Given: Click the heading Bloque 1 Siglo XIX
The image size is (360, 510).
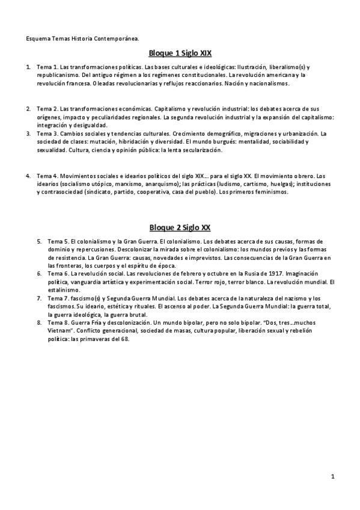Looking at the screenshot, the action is tap(180, 53).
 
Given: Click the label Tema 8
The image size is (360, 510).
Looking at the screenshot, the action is tap(56, 323).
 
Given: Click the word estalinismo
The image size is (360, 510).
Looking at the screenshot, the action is tap(64, 290).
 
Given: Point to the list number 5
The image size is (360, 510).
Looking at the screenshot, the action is tap(39, 240).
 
